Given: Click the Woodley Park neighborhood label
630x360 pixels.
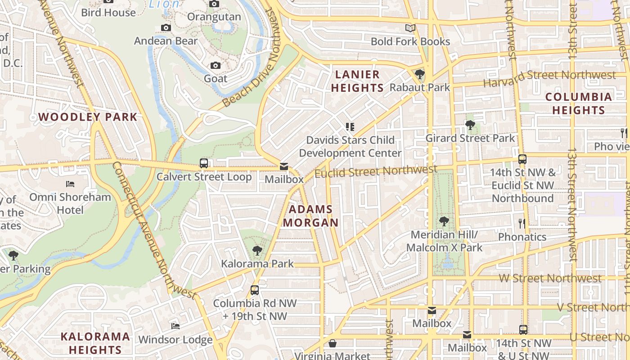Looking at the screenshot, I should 88,117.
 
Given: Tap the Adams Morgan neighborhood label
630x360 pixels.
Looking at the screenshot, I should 310,216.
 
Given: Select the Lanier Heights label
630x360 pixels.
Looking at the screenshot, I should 358,81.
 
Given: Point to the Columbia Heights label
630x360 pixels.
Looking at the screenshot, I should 578,103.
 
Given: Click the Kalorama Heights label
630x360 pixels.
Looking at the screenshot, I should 95,343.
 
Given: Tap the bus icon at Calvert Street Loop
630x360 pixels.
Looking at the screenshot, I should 204,163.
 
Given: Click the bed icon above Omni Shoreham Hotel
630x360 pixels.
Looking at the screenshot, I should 70,184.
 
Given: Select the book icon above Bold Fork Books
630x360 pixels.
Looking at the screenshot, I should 410,28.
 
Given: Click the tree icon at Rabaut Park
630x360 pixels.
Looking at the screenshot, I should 419,74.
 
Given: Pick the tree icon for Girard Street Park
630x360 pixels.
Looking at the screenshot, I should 470,125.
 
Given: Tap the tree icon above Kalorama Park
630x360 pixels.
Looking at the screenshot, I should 257,250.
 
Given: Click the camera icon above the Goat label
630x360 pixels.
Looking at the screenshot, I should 216,65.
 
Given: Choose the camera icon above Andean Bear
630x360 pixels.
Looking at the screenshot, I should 166,28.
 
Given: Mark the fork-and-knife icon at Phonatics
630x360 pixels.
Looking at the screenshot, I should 522,223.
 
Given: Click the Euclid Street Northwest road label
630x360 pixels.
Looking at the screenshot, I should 376,171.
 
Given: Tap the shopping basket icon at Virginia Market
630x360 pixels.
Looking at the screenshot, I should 333,344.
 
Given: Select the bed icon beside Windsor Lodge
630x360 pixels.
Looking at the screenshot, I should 175,326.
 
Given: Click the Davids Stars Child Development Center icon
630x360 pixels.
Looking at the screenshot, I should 350,127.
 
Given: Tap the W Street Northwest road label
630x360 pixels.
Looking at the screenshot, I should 550,279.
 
